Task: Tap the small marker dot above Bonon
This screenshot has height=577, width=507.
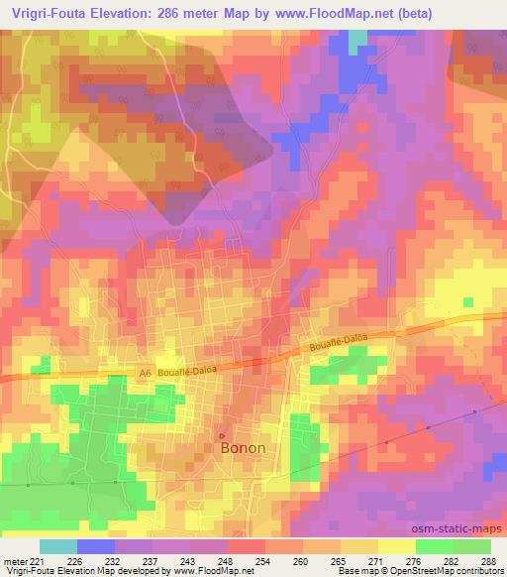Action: [x=222, y=435]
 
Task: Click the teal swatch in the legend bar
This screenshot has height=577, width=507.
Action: [x=58, y=546]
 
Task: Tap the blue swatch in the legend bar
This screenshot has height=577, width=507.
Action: [x=96, y=546]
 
